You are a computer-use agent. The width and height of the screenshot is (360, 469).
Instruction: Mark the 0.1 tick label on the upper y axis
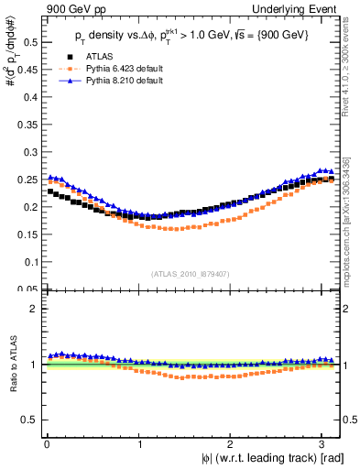coord(31,262)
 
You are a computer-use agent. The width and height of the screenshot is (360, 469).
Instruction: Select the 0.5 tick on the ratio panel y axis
coord(31,420)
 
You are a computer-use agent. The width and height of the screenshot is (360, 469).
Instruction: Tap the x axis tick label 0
coord(47,443)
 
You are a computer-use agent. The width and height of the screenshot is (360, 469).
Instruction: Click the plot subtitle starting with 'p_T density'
coord(192,35)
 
